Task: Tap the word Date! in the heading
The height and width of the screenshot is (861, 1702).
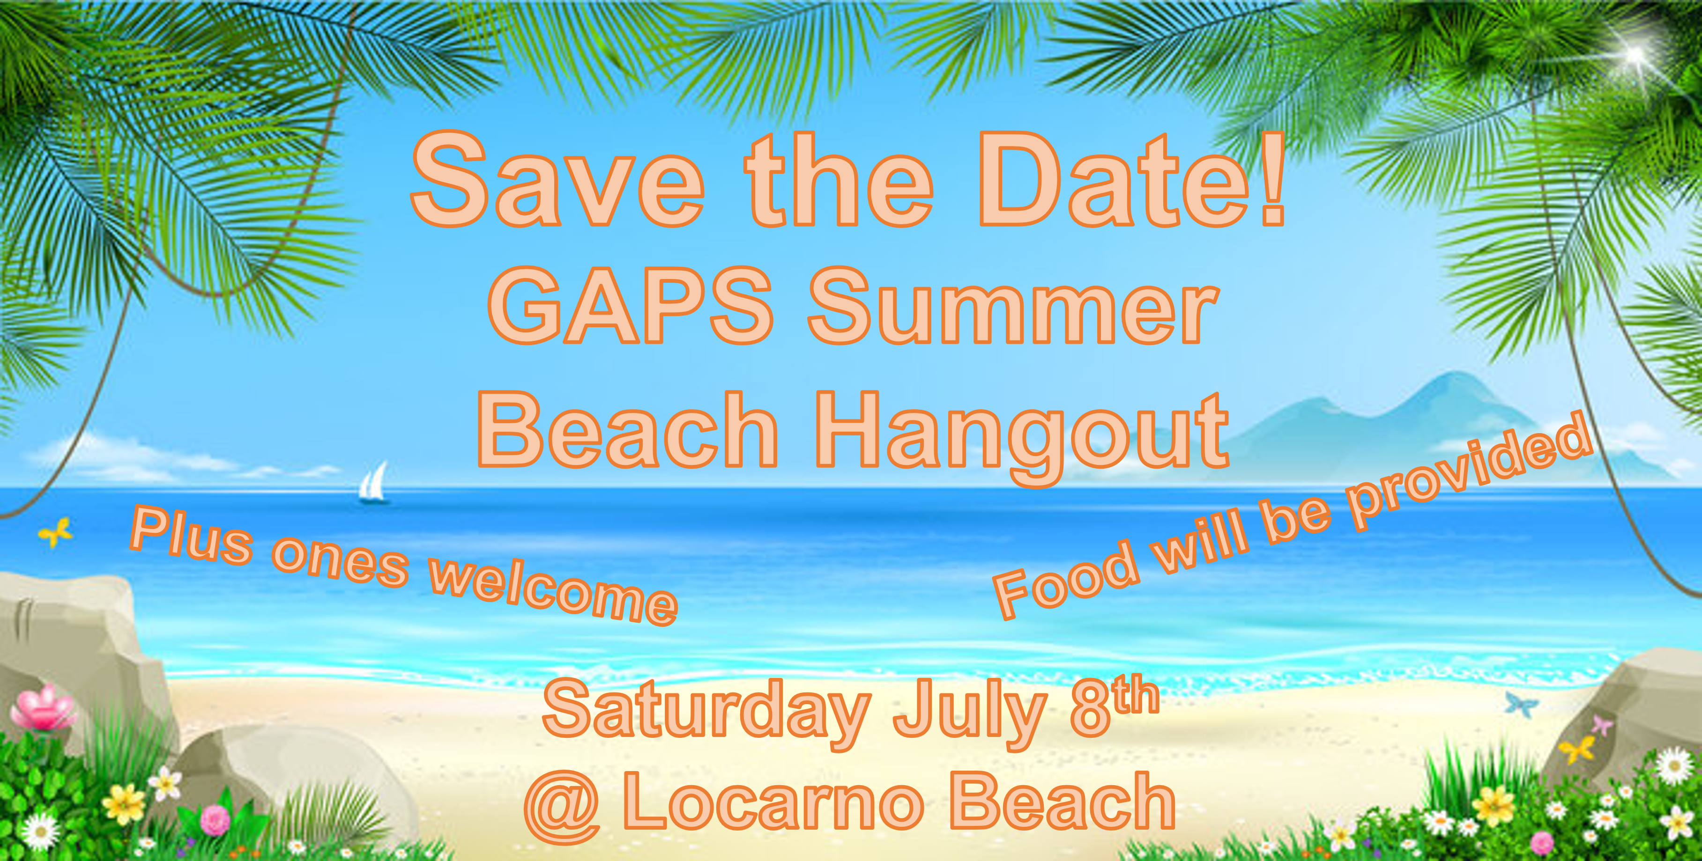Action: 1132,180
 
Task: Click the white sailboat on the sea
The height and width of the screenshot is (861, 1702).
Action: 373,483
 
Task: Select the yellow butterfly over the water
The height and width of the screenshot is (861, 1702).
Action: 56,532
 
